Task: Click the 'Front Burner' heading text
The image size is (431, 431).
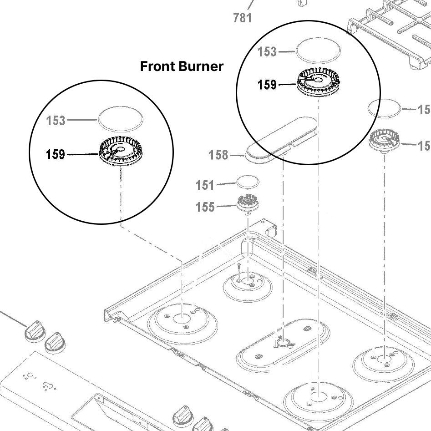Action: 182,66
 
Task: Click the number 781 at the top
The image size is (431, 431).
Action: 242,18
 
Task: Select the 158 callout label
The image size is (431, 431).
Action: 218,155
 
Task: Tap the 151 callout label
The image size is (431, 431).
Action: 205,185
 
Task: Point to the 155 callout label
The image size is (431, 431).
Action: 205,207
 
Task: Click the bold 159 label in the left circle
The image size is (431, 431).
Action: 56,155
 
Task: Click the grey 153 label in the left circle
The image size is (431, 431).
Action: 56,121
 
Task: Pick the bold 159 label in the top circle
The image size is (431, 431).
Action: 267,85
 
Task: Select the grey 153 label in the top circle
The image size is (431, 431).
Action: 267,52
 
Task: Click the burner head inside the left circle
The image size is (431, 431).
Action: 120,154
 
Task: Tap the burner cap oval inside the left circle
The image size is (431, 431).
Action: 121,119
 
